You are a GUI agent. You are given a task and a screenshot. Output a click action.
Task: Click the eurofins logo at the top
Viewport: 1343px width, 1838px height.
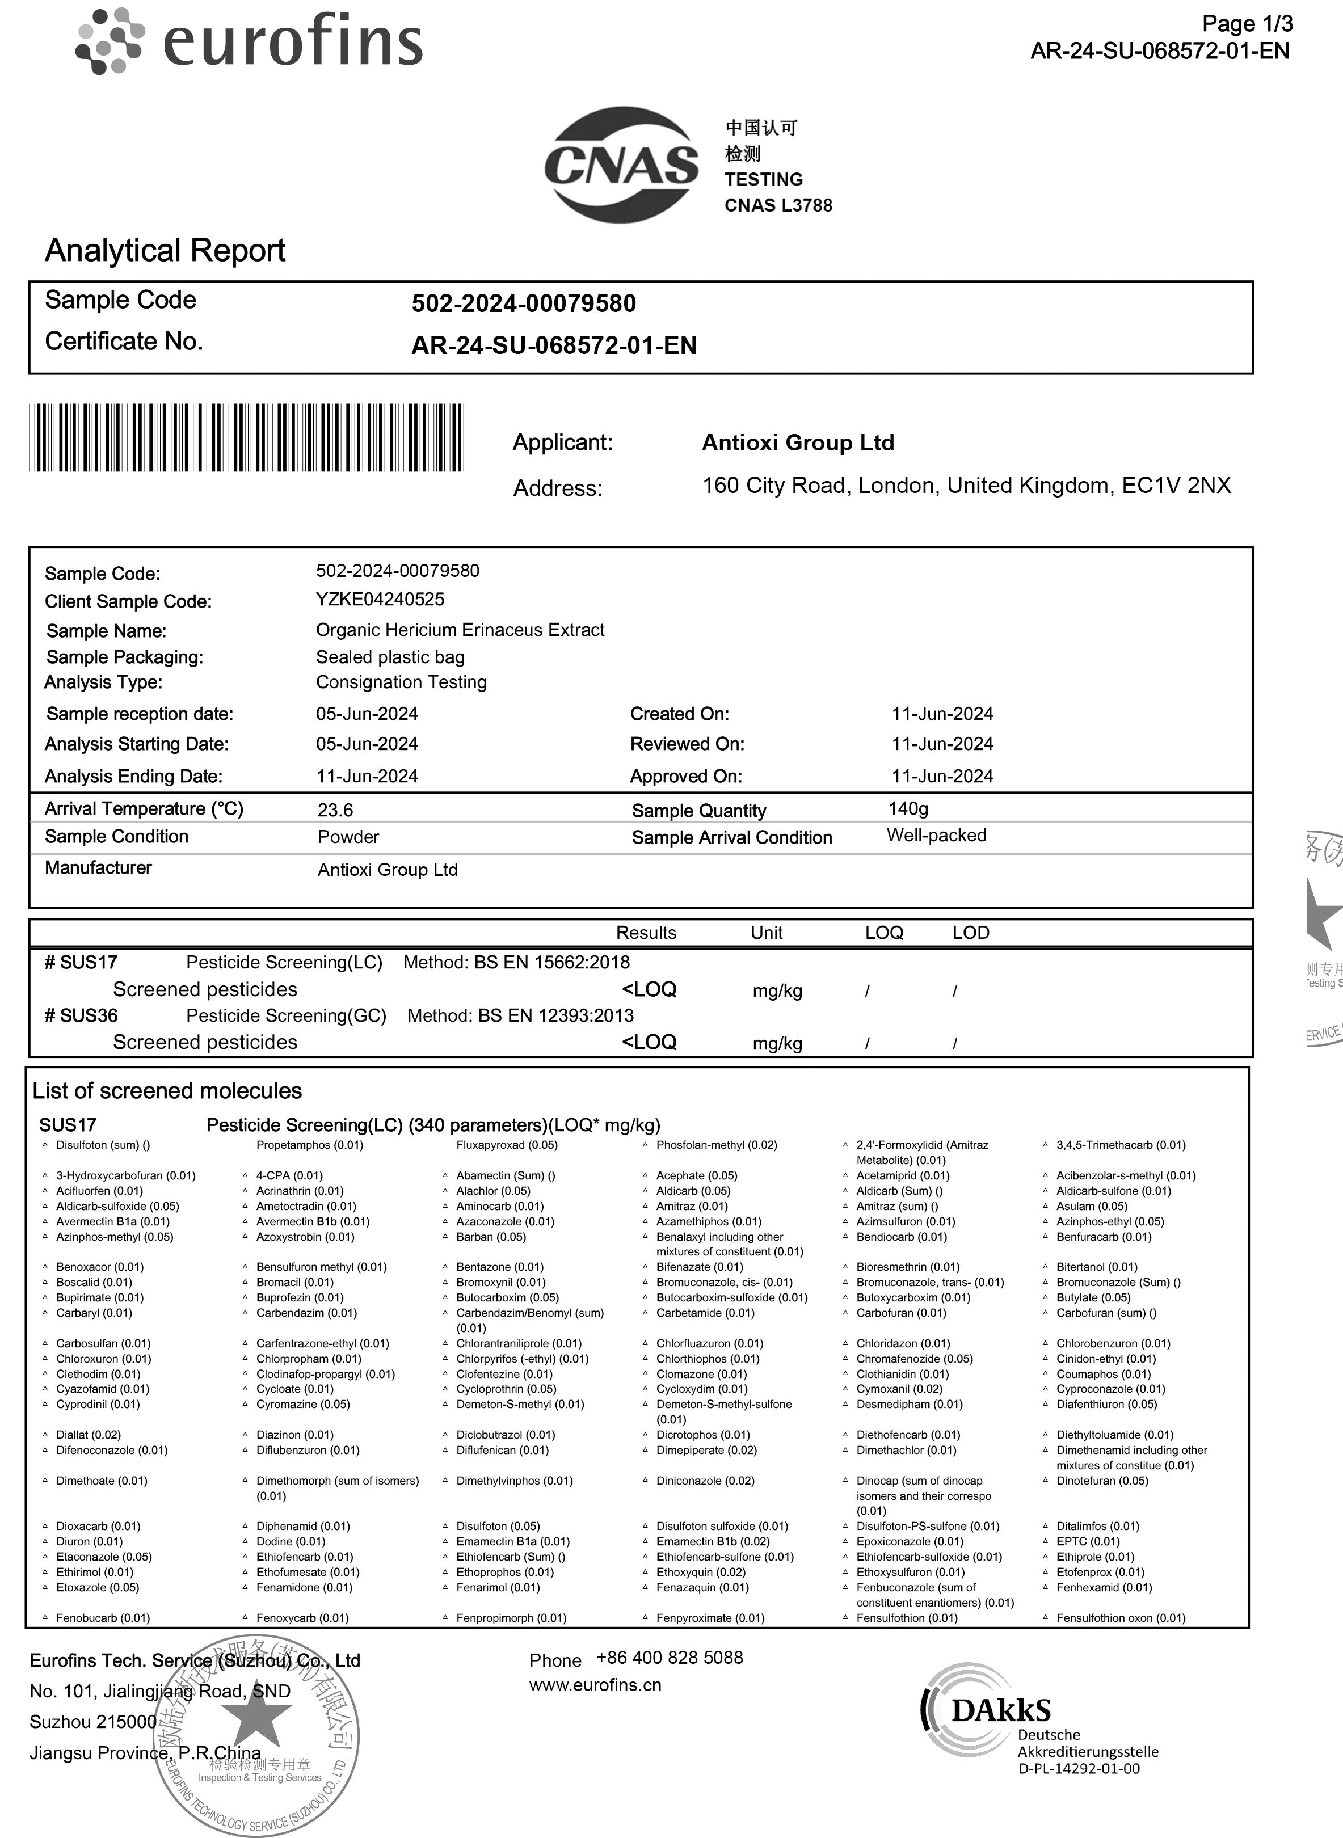click(x=250, y=41)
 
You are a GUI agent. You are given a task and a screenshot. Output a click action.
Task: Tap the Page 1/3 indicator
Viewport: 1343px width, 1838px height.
click(x=1247, y=24)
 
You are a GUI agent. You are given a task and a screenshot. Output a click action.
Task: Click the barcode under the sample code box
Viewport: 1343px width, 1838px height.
click(x=246, y=437)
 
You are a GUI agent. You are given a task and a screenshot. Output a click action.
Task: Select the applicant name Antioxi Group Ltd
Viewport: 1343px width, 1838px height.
click(x=798, y=443)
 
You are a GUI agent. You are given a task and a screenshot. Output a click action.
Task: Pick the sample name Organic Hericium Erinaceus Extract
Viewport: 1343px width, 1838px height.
click(x=460, y=630)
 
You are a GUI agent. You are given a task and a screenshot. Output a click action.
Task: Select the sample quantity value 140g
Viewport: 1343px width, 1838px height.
click(x=908, y=808)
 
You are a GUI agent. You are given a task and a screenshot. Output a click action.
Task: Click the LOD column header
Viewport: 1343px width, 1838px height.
click(x=971, y=933)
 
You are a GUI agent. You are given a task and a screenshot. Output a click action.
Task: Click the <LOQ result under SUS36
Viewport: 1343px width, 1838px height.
click(x=649, y=1042)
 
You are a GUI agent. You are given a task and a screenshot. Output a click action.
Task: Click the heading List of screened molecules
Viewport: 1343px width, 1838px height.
click(x=167, y=1091)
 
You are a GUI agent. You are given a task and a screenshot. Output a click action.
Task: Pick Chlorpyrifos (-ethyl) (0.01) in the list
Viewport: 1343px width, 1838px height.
click(x=522, y=1359)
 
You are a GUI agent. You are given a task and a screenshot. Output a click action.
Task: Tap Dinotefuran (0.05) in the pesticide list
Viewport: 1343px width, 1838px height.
click(x=1101, y=1480)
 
